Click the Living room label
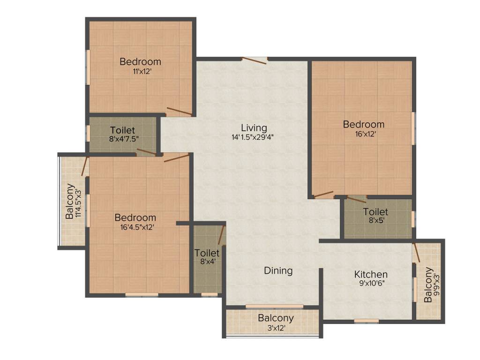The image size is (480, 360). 254,127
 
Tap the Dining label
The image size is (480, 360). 278,270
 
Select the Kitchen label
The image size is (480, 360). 370,274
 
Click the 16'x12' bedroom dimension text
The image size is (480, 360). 363,134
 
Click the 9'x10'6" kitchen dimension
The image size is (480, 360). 370,283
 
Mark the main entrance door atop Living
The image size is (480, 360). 255,59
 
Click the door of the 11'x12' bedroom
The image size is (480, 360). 179,111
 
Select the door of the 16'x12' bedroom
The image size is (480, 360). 324,195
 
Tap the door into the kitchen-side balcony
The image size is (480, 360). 416,254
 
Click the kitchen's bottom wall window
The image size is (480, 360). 366,321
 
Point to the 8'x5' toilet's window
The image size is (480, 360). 413,219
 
